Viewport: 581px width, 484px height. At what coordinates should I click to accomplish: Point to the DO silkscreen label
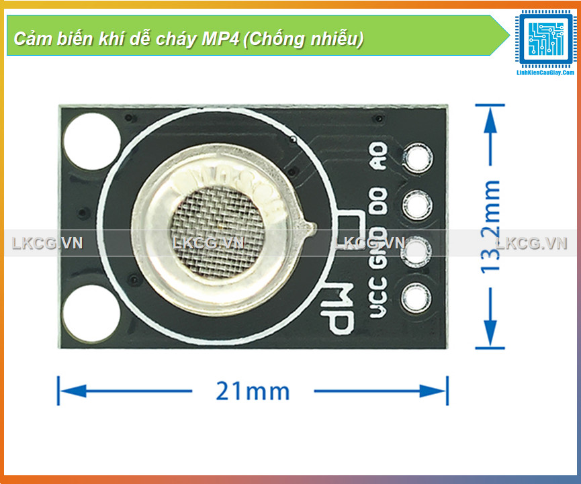381,202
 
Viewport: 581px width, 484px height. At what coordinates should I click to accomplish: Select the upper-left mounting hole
91,142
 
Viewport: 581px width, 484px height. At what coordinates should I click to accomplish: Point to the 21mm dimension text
253,391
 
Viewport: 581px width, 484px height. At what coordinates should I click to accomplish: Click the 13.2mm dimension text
491,226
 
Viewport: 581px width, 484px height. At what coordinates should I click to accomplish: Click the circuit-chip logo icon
544,38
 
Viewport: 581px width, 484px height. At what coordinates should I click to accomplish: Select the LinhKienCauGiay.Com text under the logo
544,72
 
